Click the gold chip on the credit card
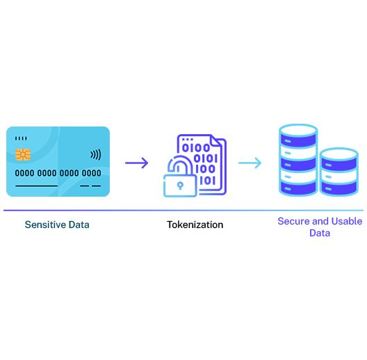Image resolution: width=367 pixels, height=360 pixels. click(x=23, y=154)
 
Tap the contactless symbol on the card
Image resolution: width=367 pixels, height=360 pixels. click(x=96, y=155)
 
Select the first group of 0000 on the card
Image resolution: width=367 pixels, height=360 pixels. click(x=24, y=173)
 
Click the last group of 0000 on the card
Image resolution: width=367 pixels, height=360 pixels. click(x=91, y=173)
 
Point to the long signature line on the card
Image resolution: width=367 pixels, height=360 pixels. click(x=37, y=186)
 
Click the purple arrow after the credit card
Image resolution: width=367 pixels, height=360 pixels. click(x=137, y=163)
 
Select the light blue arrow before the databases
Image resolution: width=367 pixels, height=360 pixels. click(x=250, y=163)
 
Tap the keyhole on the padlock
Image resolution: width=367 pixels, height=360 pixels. click(x=180, y=186)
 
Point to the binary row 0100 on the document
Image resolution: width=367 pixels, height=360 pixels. click(x=196, y=148)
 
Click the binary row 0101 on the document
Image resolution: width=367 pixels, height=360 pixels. click(x=206, y=158)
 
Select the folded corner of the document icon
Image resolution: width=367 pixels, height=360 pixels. click(x=215, y=140)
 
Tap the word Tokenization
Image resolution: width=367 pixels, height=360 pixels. click(x=195, y=224)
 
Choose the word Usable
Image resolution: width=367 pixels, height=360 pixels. click(x=347, y=221)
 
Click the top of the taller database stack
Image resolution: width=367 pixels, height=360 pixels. click(x=298, y=130)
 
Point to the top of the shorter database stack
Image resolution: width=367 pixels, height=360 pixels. click(x=339, y=154)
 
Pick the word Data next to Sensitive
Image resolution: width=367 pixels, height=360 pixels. click(x=79, y=224)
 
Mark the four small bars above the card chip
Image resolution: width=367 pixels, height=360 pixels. click(x=21, y=138)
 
